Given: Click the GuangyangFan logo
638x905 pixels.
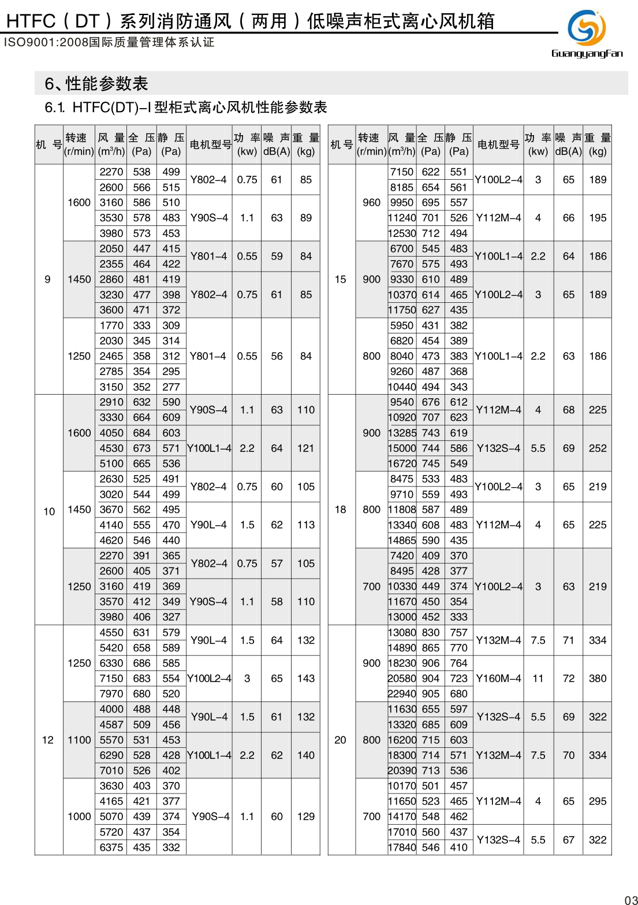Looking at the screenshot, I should pyautogui.click(x=587, y=34).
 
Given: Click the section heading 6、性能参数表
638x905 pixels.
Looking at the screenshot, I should pyautogui.click(x=96, y=84).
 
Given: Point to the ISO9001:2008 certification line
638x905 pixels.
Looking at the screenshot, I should pyautogui.click(x=109, y=42).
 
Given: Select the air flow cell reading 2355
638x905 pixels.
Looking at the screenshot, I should pyautogui.click(x=111, y=264).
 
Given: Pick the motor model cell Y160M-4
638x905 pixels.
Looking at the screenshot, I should pyautogui.click(x=498, y=678).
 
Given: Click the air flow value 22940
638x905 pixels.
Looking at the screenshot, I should pyautogui.click(x=402, y=693).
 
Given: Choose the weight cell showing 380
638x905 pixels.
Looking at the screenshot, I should pyautogui.click(x=598, y=678).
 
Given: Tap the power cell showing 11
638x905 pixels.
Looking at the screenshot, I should pyautogui.click(x=538, y=678).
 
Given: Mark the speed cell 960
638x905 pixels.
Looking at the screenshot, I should pyautogui.click(x=371, y=202).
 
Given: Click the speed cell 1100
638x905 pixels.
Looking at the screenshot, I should pyautogui.click(x=79, y=740).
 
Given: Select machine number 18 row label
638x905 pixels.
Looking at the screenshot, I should pyautogui.click(x=341, y=510).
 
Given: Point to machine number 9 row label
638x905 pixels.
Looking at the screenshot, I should pyautogui.click(x=48, y=279).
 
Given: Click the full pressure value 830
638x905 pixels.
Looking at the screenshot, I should pyautogui.click(x=431, y=632).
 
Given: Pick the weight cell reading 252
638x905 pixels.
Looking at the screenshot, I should pyautogui.click(x=598, y=448).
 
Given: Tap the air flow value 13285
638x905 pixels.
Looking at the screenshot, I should pyautogui.click(x=402, y=433).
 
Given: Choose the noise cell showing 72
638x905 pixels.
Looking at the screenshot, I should pyautogui.click(x=569, y=678).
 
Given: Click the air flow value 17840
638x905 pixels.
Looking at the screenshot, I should pyautogui.click(x=402, y=847).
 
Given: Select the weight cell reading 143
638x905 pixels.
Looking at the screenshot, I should pyautogui.click(x=306, y=678).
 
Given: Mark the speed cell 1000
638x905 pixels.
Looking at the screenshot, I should pyautogui.click(x=79, y=817).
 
